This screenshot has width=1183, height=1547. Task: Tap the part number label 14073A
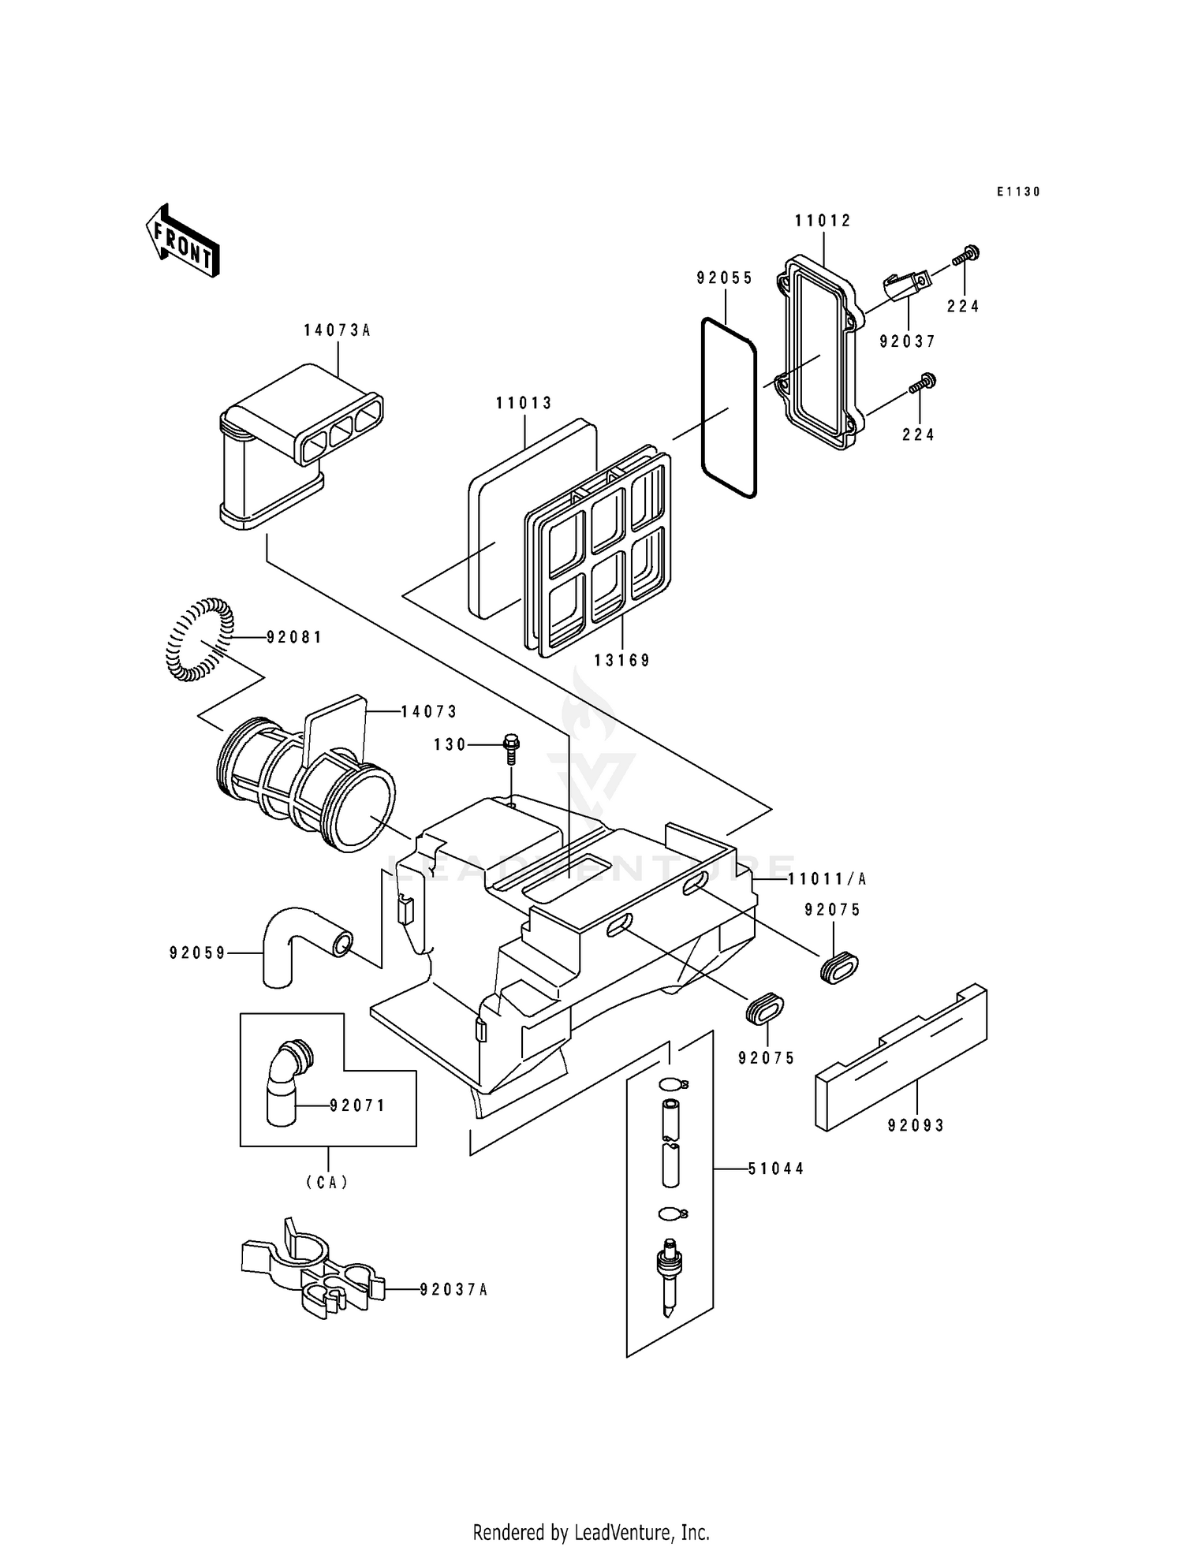pyautogui.click(x=337, y=331)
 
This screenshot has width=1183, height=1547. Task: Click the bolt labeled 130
pyautogui.click(x=511, y=749)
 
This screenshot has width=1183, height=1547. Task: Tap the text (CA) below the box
pyautogui.click(x=327, y=1183)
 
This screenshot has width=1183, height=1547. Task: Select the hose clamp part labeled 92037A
pyautogui.click(x=312, y=1274)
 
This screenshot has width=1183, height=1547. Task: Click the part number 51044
pyautogui.click(x=776, y=1169)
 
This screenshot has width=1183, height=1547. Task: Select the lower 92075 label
pyautogui.click(x=767, y=1059)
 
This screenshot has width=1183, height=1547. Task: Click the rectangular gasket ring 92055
pyautogui.click(x=729, y=408)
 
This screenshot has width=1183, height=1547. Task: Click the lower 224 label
pyautogui.click(x=919, y=434)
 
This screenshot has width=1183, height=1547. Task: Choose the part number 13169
pyautogui.click(x=622, y=661)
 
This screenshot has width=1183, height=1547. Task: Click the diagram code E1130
pyautogui.click(x=1018, y=192)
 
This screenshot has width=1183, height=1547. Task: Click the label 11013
pyautogui.click(x=524, y=404)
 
